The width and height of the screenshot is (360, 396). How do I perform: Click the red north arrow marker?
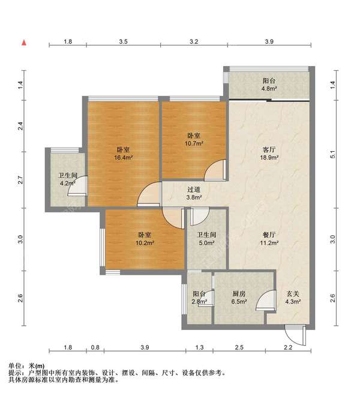[24, 43]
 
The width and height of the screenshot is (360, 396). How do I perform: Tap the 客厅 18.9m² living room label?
[269, 154]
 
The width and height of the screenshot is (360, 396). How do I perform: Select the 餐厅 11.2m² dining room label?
[269, 239]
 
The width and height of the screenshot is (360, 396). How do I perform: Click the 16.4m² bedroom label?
[124, 154]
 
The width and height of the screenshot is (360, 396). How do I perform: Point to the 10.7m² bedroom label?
[194, 139]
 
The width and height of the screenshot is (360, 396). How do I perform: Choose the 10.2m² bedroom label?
[145, 239]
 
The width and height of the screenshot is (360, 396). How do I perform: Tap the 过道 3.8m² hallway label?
[194, 193]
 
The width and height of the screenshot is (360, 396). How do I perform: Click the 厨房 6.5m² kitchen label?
[239, 298]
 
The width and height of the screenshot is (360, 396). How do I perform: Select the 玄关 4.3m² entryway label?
[293, 298]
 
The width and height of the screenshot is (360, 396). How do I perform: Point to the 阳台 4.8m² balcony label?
[269, 85]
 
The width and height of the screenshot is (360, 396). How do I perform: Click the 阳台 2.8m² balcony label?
[200, 298]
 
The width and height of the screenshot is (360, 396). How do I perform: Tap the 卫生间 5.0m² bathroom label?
[206, 239]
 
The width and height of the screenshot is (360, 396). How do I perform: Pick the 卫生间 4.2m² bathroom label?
[68, 179]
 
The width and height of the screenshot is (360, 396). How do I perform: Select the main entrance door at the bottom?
[295, 335]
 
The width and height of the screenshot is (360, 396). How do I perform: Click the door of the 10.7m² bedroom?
[215, 170]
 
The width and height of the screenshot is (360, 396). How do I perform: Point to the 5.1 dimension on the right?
[333, 154]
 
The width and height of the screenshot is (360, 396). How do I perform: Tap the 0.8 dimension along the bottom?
[95, 347]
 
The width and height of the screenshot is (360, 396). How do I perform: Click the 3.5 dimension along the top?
[123, 41]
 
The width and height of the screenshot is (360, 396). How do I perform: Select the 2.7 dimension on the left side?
[21, 180]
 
